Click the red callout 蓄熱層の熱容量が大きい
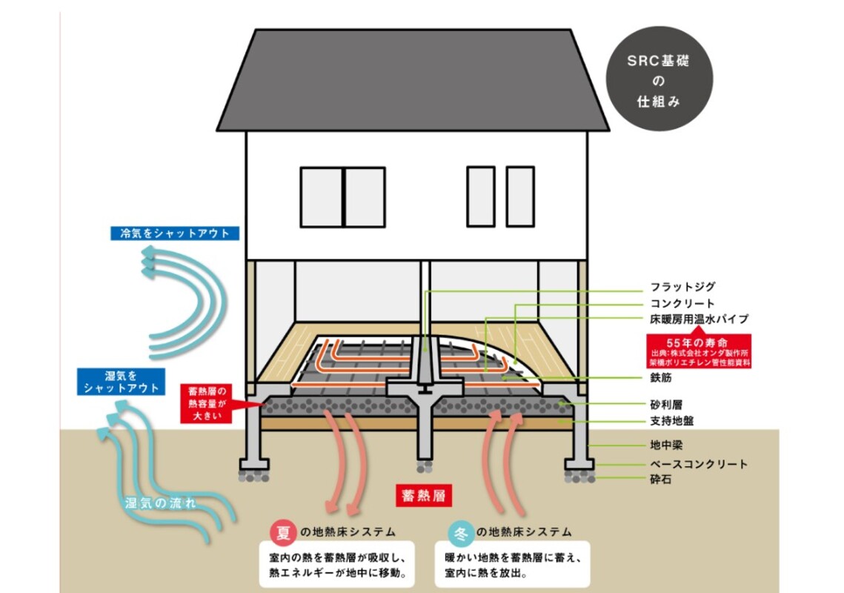click(206, 402)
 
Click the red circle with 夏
click(282, 532)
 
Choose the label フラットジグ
click(682, 287)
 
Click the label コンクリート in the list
click(682, 303)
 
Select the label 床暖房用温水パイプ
click(699, 319)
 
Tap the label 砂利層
click(666, 405)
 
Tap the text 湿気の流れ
click(161, 503)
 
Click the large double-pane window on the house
click(342, 196)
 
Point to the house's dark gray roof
click(413, 82)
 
